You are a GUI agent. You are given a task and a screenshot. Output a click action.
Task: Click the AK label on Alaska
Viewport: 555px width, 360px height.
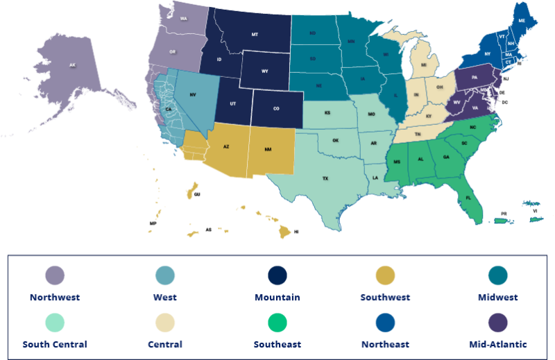click(x=72, y=65)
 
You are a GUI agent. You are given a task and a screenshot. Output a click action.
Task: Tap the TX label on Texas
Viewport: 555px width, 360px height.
click(x=325, y=178)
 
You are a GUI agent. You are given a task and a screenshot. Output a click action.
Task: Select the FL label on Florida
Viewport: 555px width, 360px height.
click(x=469, y=198)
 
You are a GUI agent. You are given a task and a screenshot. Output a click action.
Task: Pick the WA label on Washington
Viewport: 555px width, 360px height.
click(x=184, y=19)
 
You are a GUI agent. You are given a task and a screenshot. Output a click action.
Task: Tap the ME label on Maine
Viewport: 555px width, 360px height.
click(x=521, y=22)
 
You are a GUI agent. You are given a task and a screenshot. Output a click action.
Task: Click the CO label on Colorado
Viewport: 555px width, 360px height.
click(x=275, y=108)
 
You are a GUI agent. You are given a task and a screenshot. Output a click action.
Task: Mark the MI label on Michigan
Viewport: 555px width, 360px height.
click(x=423, y=65)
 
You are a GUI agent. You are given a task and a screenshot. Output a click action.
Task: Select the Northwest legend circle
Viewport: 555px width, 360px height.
click(x=55, y=275)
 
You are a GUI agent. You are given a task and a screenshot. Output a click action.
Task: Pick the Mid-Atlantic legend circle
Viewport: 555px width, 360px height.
click(x=498, y=323)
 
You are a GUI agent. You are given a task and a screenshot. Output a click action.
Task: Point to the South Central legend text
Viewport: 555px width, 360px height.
click(x=55, y=344)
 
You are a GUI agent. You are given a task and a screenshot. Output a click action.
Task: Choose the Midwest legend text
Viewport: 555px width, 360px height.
click(x=498, y=298)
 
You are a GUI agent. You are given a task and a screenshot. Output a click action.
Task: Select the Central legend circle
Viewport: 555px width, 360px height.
click(x=166, y=323)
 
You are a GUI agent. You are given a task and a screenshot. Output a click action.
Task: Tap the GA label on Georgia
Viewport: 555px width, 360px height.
click(x=446, y=157)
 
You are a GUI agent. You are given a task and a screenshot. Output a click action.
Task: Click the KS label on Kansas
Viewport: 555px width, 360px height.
click(x=327, y=112)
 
